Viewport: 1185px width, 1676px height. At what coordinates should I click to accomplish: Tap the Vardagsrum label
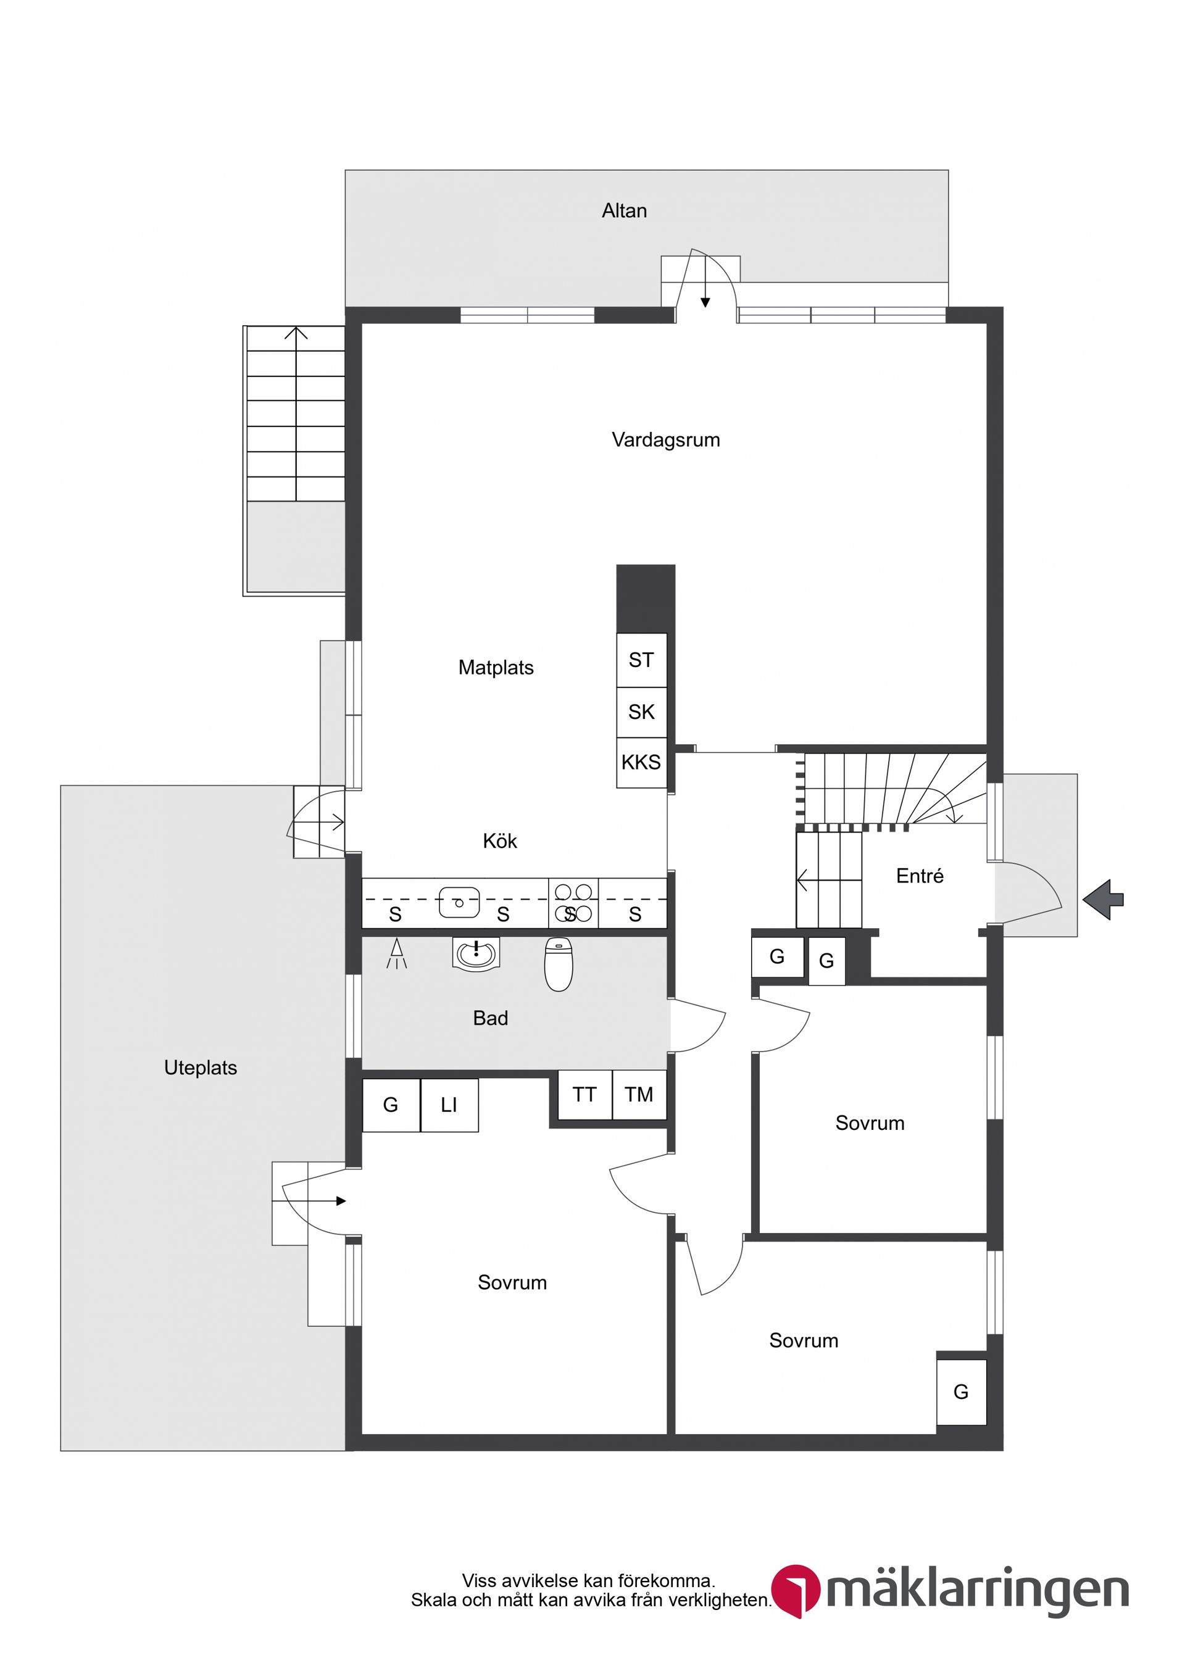pos(665,440)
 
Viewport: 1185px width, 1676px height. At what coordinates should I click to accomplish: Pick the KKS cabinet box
pos(641,763)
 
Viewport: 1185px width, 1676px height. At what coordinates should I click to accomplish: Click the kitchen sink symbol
pos(459,902)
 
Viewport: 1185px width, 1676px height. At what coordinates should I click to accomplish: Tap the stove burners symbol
pos(573,903)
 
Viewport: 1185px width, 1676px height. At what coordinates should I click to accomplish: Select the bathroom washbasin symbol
pos(475,953)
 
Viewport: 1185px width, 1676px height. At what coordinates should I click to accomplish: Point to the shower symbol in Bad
pos(396,954)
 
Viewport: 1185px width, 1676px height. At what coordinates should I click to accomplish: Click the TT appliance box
pos(584,1095)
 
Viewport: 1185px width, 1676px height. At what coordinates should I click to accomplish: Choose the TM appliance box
pos(639,1095)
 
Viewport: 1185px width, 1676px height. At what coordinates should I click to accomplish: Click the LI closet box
pos(449,1105)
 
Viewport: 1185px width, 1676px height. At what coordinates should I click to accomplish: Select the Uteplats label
pos(200,1068)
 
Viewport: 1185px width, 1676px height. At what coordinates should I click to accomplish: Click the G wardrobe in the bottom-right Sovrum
pos(961,1392)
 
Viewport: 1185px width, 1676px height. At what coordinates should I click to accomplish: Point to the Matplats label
pos(496,668)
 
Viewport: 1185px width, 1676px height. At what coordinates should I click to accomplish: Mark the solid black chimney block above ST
pos(646,599)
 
